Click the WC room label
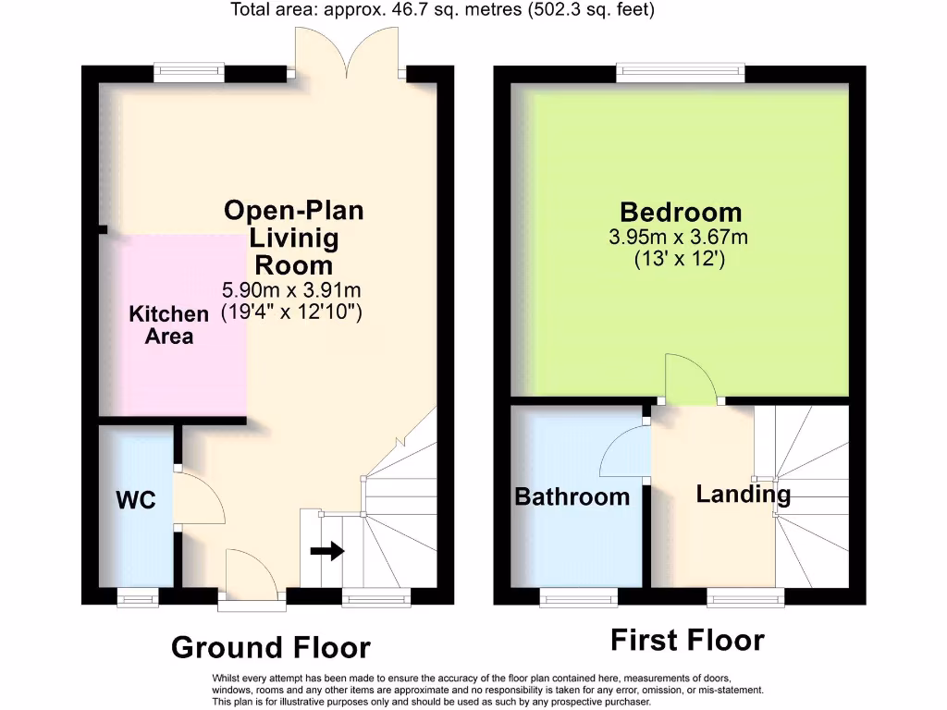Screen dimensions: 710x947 [135, 501]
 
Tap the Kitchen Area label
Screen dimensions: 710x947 [168, 324]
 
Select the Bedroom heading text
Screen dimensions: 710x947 [681, 214]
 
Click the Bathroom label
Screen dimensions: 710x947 [572, 496]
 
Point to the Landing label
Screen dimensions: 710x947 [743, 494]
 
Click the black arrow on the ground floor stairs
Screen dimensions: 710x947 [326, 551]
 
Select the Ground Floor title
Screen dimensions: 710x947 [270, 648]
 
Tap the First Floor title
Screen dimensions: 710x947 [687, 640]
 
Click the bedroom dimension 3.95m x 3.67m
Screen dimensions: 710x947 [678, 238]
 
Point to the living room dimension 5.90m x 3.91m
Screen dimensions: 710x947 [291, 289]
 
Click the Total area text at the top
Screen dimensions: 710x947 [442, 11]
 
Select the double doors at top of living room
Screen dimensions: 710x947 [347, 52]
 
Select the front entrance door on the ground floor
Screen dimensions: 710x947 [250, 577]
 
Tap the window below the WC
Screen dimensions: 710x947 [138, 601]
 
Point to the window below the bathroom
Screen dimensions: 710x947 [578, 601]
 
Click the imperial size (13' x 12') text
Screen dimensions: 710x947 [679, 260]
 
